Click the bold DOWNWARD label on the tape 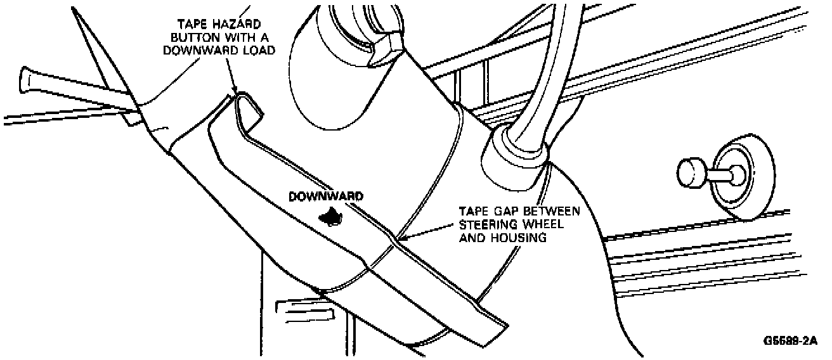[x=326, y=196]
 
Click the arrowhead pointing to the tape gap [x=398, y=239]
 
